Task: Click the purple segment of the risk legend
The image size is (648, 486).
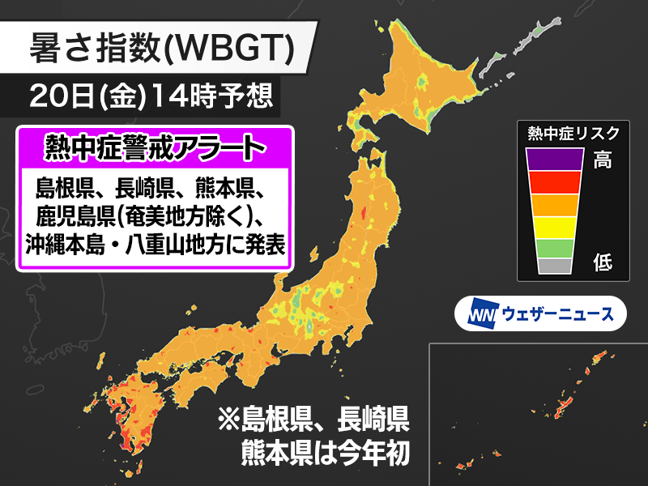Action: [554, 160]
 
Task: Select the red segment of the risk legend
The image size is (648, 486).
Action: [554, 183]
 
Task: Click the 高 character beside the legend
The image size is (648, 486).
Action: [603, 160]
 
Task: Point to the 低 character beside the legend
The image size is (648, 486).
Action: [603, 262]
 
